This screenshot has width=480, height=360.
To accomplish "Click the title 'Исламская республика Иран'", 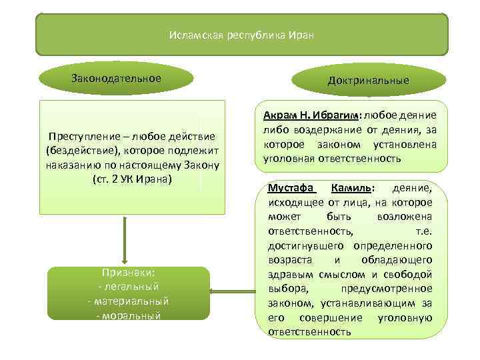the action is point(241,34).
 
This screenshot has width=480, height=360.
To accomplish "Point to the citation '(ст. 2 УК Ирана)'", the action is point(132,179).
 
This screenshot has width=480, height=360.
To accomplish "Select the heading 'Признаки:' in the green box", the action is point(129,273).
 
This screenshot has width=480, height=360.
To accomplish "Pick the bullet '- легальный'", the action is point(128,287).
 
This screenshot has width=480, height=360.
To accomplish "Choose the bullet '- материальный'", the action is point(128,301).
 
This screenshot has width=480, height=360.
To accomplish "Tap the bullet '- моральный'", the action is point(128,315).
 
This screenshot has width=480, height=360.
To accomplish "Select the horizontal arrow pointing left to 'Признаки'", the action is point(233,291).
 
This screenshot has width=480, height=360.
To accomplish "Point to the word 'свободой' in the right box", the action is point(411,274).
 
